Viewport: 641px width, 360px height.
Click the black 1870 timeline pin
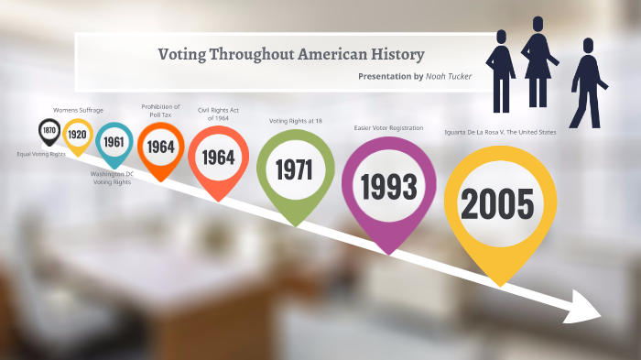pos(49,132)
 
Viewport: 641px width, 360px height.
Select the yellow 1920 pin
pos(77,136)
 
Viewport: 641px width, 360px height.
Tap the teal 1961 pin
pos(114,142)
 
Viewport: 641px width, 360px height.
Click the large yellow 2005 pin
pos(496,203)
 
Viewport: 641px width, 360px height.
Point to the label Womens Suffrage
pos(78,110)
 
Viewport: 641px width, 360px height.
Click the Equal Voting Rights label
pos(41,154)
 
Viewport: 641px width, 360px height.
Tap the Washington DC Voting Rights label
pos(112,178)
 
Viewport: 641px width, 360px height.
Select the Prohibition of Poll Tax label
pos(160,111)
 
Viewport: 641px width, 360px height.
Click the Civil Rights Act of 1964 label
pos(219,114)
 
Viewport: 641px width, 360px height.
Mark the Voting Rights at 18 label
pos(295,121)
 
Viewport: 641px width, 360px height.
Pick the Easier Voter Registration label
pos(388,127)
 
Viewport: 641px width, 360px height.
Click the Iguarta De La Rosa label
pos(499,133)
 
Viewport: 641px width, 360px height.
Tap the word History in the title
pos(395,53)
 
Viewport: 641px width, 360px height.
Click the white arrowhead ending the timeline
pos(583,308)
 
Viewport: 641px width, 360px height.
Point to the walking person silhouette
pos(585,90)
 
